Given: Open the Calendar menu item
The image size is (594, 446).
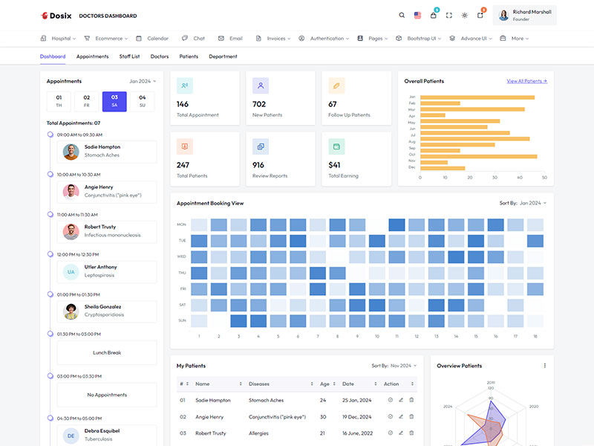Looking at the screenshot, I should (157, 38).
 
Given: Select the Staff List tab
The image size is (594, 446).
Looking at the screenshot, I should (129, 56).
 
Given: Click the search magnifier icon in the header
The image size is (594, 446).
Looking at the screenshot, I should (402, 15).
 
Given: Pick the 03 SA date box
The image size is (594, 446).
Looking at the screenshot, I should (114, 101).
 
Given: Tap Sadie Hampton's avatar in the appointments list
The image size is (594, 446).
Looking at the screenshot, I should (71, 152).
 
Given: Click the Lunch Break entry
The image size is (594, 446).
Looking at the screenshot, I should (107, 352).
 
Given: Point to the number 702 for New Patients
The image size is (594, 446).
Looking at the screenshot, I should (259, 104).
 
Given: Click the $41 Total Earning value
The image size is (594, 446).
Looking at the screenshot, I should (334, 165).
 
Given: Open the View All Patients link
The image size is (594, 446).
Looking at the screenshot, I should (526, 81).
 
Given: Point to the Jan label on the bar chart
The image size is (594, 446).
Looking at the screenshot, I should (411, 97).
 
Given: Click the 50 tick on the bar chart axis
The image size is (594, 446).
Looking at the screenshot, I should (544, 178).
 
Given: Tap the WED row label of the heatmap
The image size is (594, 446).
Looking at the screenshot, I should (181, 256).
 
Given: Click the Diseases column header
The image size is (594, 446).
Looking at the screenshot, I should (260, 384).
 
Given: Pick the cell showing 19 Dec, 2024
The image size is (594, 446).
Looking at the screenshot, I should (357, 416).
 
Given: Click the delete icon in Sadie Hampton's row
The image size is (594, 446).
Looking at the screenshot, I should (411, 400).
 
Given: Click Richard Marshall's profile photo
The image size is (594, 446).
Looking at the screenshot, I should (503, 15).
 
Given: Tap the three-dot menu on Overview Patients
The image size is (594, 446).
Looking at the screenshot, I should (544, 366).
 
